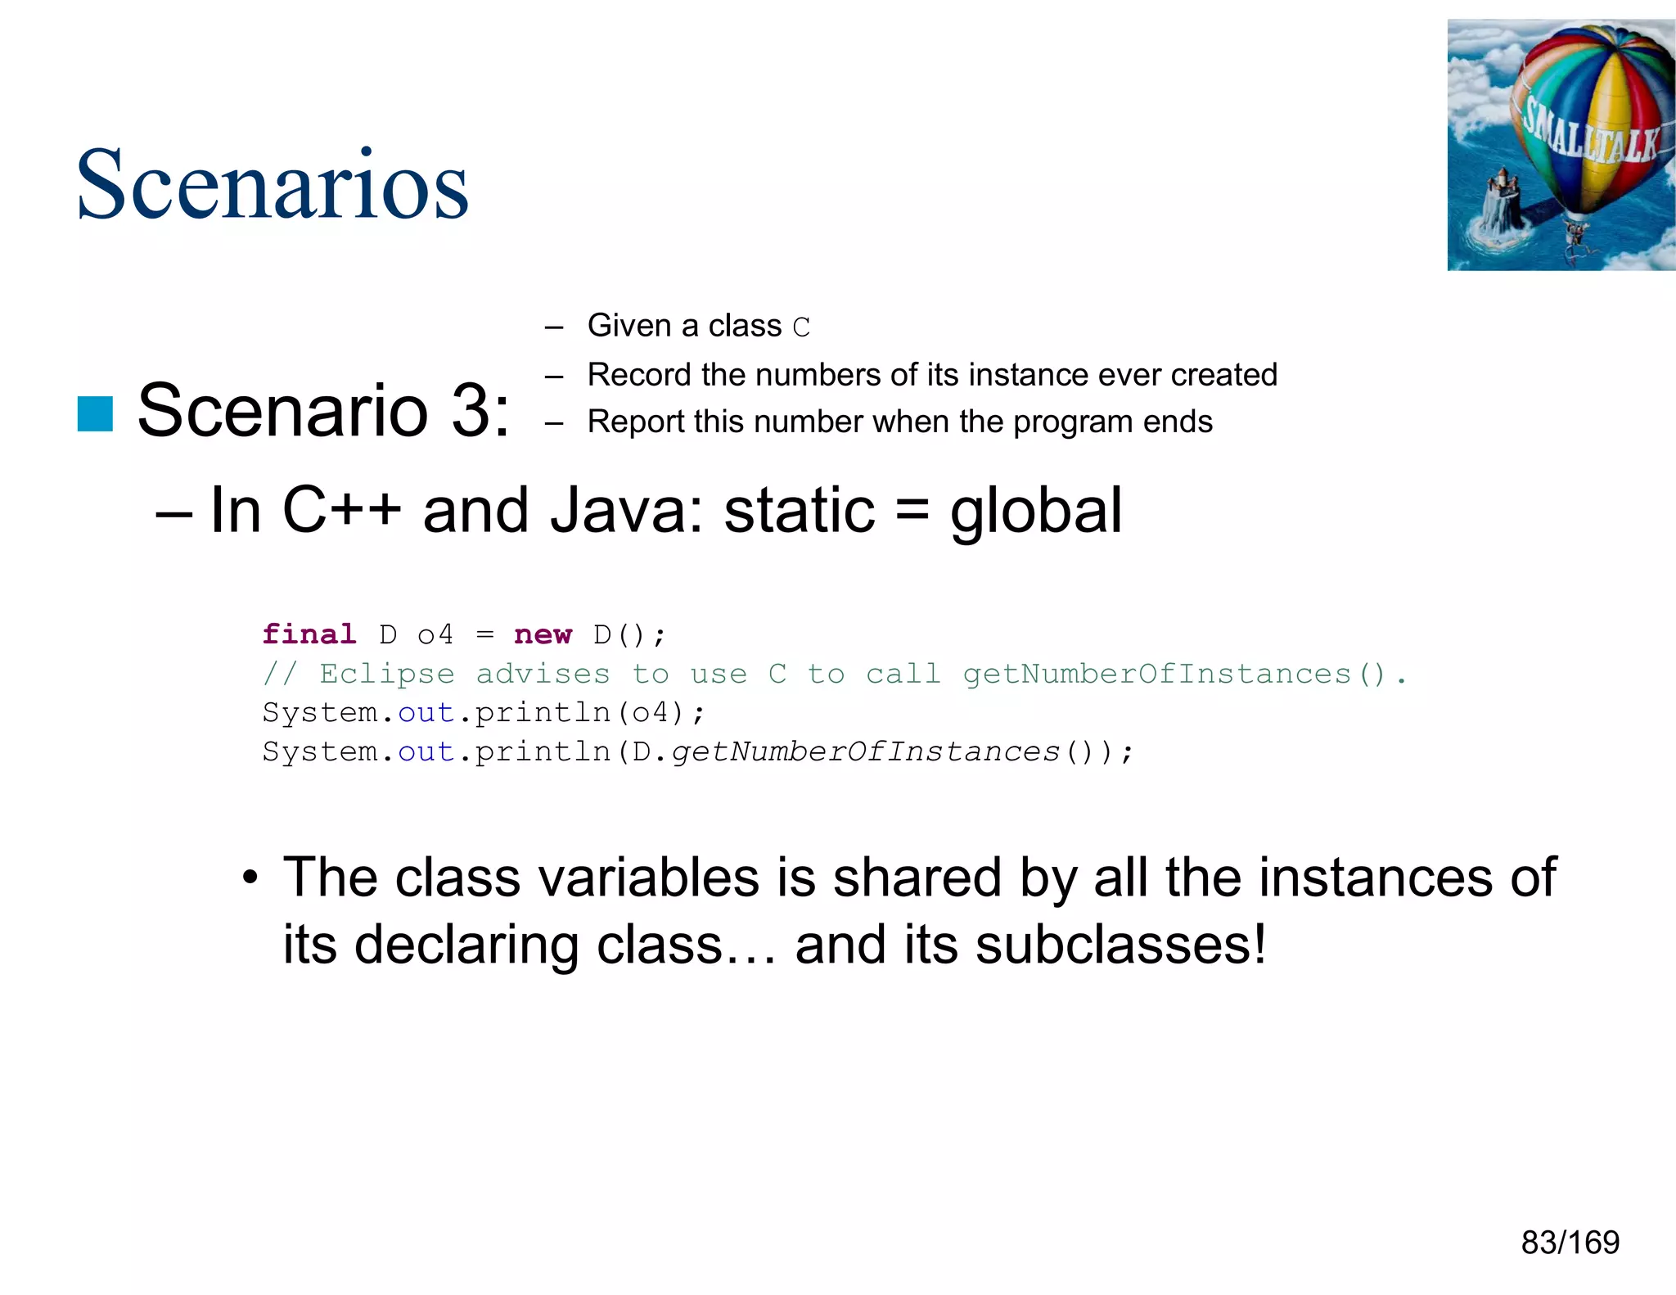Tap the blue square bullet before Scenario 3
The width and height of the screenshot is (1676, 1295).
(x=95, y=413)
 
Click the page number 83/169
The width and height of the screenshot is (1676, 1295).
(x=1570, y=1243)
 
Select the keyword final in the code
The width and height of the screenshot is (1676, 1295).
(x=309, y=634)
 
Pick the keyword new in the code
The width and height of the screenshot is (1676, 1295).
(x=543, y=634)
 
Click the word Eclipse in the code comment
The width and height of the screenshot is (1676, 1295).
(x=386, y=674)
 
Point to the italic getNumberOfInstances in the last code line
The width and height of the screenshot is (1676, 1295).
(x=865, y=751)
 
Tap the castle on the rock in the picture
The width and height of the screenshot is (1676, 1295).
(x=1500, y=201)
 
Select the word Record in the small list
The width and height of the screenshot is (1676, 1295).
(x=639, y=375)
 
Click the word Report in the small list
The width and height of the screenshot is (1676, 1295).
(x=636, y=422)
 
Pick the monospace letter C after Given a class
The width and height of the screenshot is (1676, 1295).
(x=801, y=327)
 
